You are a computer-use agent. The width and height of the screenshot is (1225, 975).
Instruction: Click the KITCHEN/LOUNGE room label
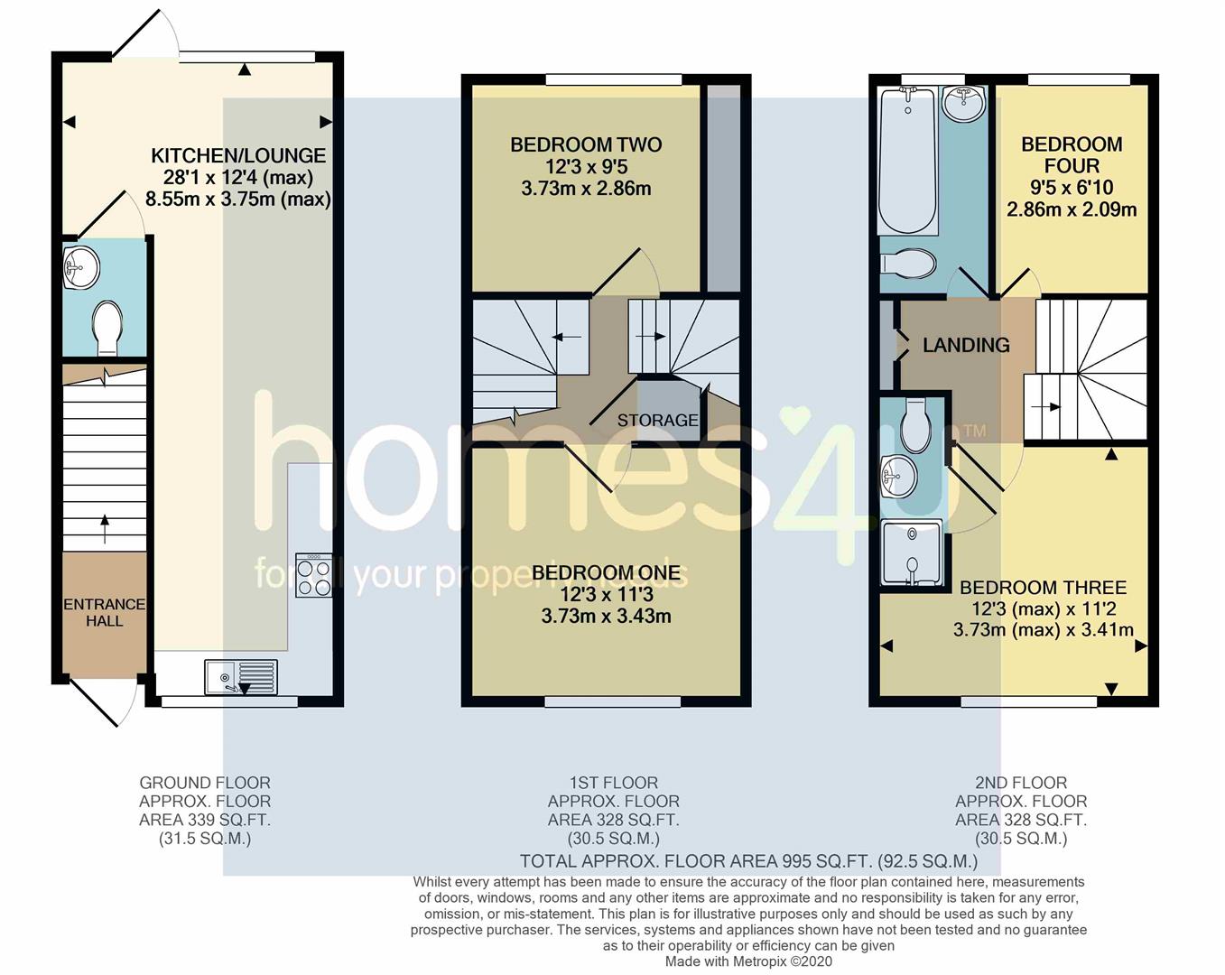(x=238, y=155)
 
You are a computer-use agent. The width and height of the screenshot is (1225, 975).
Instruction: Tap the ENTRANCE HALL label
(x=104, y=612)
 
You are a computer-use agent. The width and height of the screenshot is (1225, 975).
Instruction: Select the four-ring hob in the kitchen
(x=314, y=575)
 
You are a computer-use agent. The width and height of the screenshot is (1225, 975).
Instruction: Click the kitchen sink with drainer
(x=241, y=677)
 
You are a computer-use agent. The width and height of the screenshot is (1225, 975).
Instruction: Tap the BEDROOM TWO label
(x=586, y=144)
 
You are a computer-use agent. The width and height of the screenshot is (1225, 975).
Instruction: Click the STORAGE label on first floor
(x=657, y=420)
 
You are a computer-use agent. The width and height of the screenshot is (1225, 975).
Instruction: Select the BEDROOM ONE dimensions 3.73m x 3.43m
(x=606, y=617)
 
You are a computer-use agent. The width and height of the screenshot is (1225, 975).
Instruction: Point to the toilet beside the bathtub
(x=909, y=264)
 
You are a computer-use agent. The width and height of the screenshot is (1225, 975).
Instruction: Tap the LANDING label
(x=966, y=345)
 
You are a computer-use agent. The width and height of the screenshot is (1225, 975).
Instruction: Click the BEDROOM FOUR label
(x=1072, y=155)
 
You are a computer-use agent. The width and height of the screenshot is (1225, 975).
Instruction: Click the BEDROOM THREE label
(x=1043, y=588)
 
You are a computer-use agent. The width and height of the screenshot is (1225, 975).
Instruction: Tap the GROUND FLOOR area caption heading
(x=205, y=783)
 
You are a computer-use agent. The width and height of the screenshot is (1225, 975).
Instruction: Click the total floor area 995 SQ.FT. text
(x=748, y=861)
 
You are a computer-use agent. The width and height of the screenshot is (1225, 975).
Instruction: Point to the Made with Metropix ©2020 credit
(x=748, y=961)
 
